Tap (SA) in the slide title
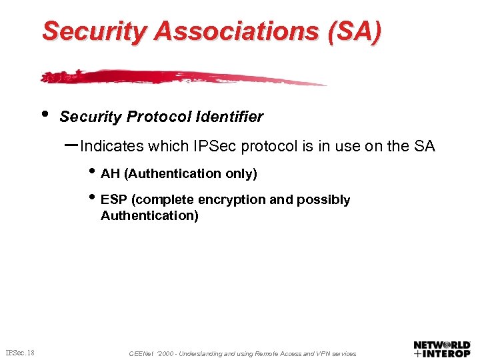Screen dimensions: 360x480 point(357,31)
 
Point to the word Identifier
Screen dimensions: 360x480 point(229,117)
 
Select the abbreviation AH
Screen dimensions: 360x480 point(110,174)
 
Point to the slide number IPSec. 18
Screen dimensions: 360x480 point(21,352)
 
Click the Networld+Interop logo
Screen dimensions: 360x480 point(441,349)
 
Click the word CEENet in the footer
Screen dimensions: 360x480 point(142,354)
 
